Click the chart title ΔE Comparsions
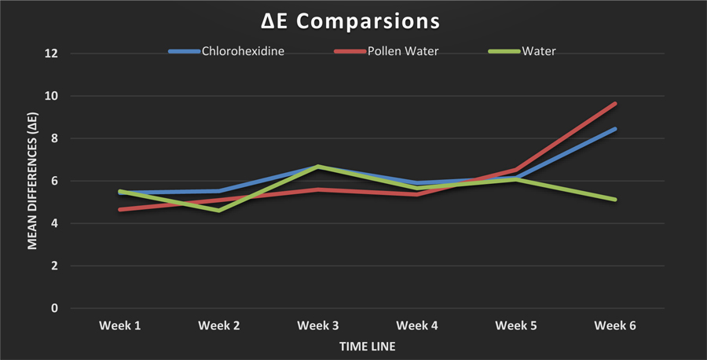coord(354,18)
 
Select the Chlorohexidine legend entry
coord(241,52)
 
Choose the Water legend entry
coord(539,52)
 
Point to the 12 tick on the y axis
coord(51,53)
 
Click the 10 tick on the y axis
coord(51,96)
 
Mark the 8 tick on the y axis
coord(53,138)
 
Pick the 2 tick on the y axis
coord(53,266)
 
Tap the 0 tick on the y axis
coord(53,308)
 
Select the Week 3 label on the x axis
coord(317,325)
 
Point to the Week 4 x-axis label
coord(416,325)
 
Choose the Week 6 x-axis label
coord(615,325)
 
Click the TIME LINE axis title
coord(367,346)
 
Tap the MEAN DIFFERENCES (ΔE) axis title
coord(32,181)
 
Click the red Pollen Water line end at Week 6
coord(615,104)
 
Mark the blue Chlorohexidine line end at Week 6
coord(615,129)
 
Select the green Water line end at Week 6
coord(615,200)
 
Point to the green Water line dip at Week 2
coord(218,211)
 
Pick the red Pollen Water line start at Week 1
coord(119,209)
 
